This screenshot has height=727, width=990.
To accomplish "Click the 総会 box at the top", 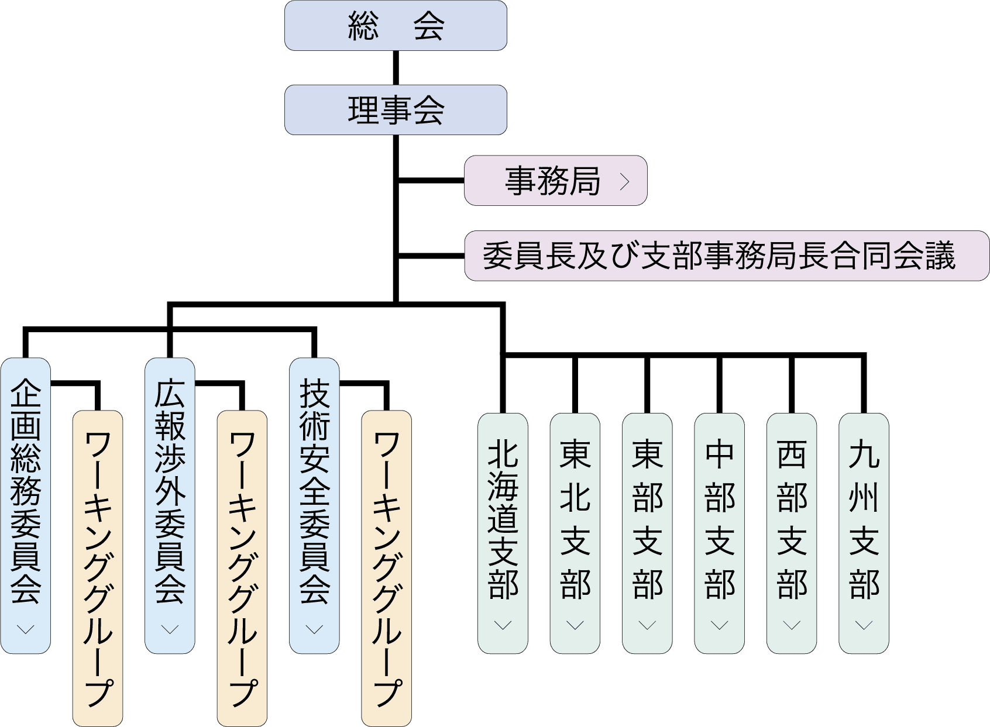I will [x=396, y=26].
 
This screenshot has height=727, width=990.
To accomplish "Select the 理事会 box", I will [x=396, y=110].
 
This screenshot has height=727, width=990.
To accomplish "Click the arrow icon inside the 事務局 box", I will [x=624, y=181].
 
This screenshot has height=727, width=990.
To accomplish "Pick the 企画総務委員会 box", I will [x=25, y=491].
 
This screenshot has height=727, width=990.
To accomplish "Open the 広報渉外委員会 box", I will [x=170, y=491].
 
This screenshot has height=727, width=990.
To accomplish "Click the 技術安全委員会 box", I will [x=314, y=491].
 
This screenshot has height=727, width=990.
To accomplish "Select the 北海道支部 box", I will [x=503, y=521].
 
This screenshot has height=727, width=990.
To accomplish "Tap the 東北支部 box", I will [x=575, y=521].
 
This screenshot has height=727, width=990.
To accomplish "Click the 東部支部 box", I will [x=647, y=521].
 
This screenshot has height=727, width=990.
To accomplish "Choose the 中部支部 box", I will [x=719, y=521].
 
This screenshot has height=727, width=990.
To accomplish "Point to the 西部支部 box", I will [x=792, y=521].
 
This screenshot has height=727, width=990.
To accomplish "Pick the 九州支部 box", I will [x=864, y=521].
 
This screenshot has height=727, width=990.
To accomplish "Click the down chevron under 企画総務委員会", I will [x=25, y=629].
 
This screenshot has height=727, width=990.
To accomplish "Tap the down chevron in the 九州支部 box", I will [x=864, y=625].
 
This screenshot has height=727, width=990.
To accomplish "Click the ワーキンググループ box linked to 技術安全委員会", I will [x=386, y=567].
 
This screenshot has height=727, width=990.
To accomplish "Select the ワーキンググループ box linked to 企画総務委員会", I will [x=98, y=567].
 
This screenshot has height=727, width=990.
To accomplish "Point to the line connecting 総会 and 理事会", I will [x=396, y=68].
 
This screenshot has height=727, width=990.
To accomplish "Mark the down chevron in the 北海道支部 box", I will [x=503, y=625].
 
